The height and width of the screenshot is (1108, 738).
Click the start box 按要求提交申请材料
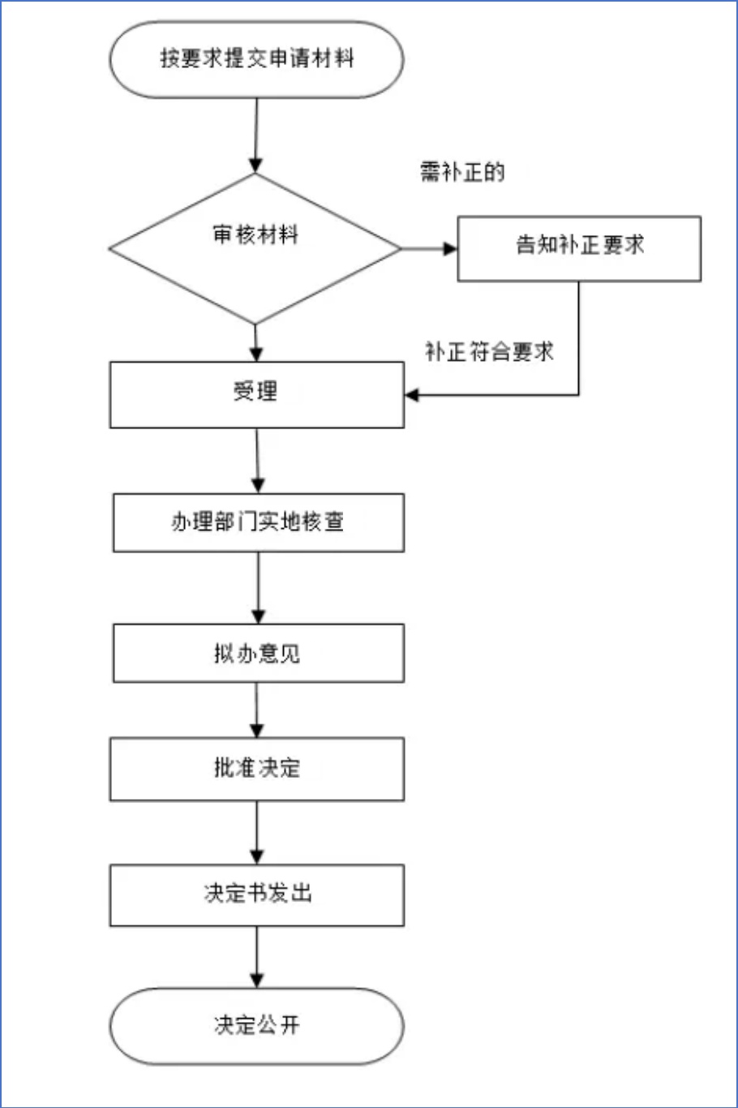[257, 59]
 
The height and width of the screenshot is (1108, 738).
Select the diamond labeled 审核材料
[255, 249]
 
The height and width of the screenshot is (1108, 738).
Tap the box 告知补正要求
[579, 249]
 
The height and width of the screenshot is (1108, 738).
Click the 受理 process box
[257, 395]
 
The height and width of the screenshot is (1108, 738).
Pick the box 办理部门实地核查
[259, 522]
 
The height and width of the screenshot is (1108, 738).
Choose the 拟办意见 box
[259, 653]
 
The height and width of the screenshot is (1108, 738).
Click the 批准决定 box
[257, 769]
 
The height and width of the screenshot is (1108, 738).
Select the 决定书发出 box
[257, 895]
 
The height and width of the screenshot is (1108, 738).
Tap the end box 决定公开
[257, 1026]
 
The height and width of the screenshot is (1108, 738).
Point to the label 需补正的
[462, 172]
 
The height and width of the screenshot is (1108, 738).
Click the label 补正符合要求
[489, 352]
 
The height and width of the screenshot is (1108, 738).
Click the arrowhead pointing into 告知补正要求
[450, 249]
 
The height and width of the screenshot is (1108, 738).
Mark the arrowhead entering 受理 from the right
[412, 395]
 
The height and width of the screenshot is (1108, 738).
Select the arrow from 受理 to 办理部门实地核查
[258, 461]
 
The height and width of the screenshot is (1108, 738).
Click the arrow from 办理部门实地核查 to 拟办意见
[258, 588]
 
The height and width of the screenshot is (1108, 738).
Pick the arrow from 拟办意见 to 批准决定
[257, 710]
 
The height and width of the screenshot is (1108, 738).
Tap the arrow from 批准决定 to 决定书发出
[257, 832]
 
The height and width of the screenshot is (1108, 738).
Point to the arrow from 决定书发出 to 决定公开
[257, 957]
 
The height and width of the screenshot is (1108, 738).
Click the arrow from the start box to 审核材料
[255, 135]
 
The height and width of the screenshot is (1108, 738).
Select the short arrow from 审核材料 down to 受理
[255, 343]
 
